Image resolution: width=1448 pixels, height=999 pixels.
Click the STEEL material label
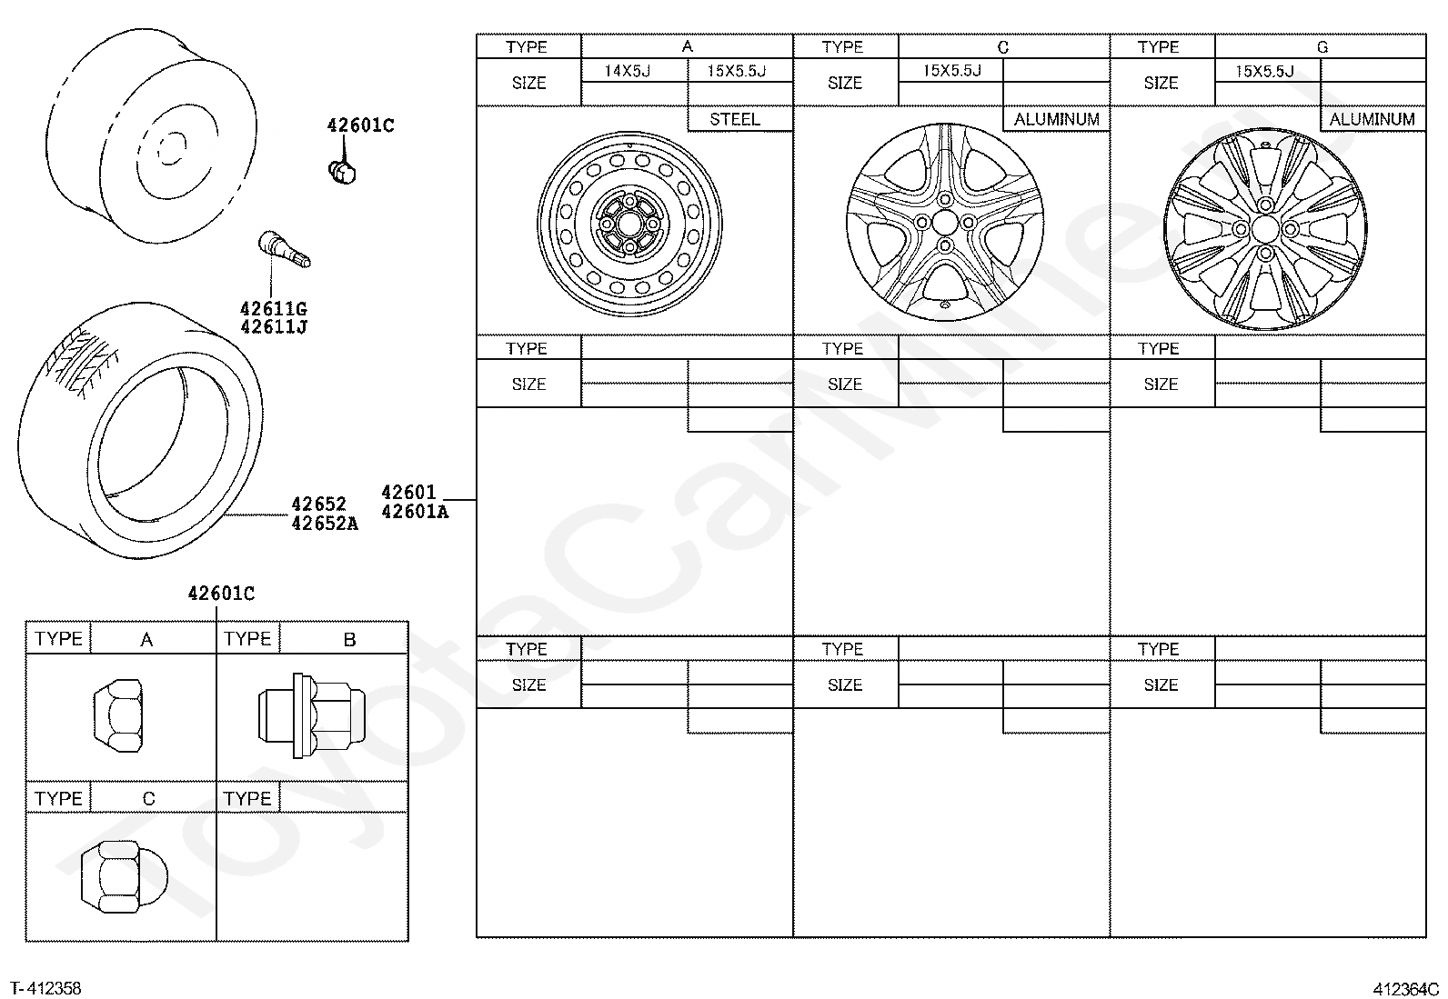pyautogui.click(x=735, y=120)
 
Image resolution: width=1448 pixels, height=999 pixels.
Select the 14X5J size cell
pyautogui.click(x=627, y=71)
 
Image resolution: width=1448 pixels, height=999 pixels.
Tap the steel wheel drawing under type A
pyautogui.click(x=629, y=225)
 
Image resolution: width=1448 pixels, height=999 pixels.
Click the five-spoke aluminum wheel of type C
pyautogui.click(x=945, y=223)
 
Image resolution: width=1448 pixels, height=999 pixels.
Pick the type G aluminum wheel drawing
pyautogui.click(x=1265, y=229)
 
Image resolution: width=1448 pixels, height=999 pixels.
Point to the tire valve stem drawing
pyautogui.click(x=285, y=249)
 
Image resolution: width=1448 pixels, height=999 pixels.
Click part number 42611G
pyautogui.click(x=274, y=309)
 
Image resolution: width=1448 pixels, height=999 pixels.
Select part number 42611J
pyautogui.click(x=274, y=327)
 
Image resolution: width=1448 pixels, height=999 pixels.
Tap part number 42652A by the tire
pyautogui.click(x=325, y=524)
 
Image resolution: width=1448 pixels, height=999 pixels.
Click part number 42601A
pyautogui.click(x=415, y=512)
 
